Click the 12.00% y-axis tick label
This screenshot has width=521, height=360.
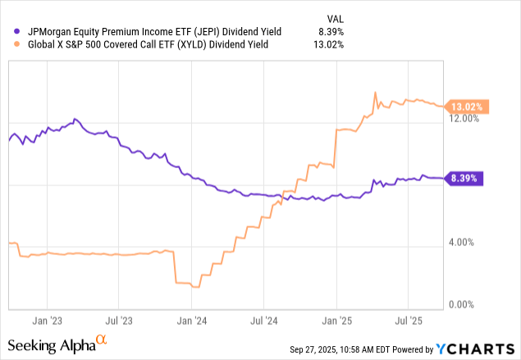[x=465, y=118]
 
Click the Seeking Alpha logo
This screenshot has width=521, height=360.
[x=57, y=344]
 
